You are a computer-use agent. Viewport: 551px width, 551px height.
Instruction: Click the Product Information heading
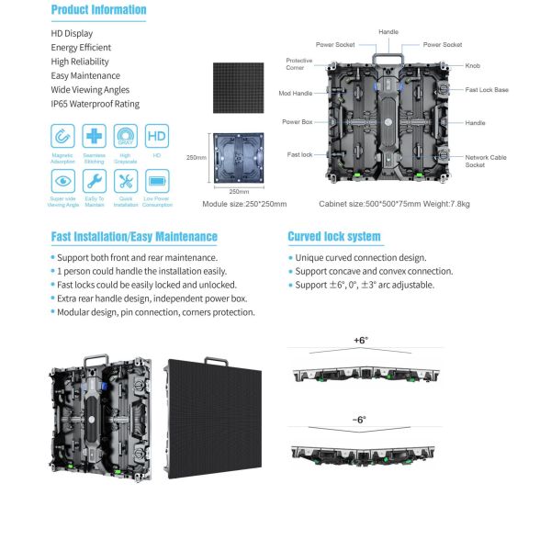pos(98,10)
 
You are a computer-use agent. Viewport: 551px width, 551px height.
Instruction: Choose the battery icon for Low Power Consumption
pos(156,180)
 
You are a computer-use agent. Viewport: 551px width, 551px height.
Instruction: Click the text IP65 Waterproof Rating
pos(96,104)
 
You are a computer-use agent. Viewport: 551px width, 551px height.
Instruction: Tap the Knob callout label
pos(473,66)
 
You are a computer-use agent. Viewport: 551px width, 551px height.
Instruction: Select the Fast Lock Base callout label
pos(487,90)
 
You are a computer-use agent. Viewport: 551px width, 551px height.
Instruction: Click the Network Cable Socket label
pos(486,161)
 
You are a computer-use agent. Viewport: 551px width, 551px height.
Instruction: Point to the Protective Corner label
pos(299,64)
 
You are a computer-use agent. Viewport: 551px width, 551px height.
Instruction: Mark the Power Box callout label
pos(298,122)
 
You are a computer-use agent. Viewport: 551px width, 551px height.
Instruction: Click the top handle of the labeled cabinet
pos(389,57)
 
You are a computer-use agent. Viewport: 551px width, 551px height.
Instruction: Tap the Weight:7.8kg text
pos(448,204)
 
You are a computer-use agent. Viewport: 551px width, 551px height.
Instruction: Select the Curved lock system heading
pos(333,236)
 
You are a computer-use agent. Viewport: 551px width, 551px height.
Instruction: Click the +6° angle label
pos(360,340)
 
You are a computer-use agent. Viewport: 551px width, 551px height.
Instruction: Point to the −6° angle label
pos(359,419)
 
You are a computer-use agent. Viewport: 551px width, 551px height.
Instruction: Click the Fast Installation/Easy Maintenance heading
pos(134,236)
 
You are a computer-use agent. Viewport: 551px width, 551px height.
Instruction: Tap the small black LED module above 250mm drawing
pos(238,86)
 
